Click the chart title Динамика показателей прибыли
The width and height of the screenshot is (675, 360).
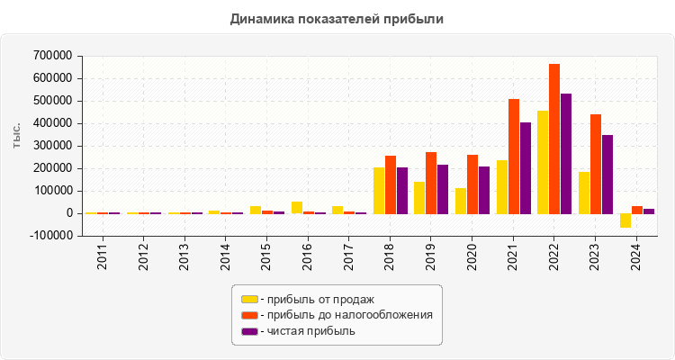click(337, 18)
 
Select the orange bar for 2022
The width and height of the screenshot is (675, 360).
click(554, 139)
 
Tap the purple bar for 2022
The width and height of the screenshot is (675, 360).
click(566, 153)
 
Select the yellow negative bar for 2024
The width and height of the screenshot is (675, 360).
click(625, 220)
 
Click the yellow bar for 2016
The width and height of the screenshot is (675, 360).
click(297, 207)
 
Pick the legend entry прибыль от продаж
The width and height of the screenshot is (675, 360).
click(316, 299)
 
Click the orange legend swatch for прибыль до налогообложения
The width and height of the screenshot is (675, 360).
click(249, 315)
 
